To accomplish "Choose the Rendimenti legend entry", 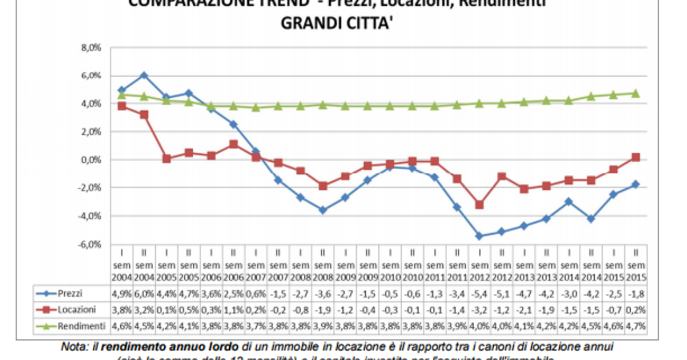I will (79, 324).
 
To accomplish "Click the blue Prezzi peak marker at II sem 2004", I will (144, 76).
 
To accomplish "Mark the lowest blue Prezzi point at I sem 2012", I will (479, 236).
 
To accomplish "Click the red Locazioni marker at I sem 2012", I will (479, 205).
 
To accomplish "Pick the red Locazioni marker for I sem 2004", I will (122, 106).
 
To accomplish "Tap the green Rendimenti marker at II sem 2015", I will (635, 93).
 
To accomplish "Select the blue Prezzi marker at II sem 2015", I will (635, 185).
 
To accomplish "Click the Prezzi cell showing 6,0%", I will (144, 294).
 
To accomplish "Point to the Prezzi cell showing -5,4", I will (479, 294).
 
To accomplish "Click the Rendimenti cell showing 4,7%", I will (635, 324).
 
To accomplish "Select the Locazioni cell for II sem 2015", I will (635, 309).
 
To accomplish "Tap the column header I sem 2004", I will (121, 264).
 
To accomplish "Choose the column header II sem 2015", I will (635, 264).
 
